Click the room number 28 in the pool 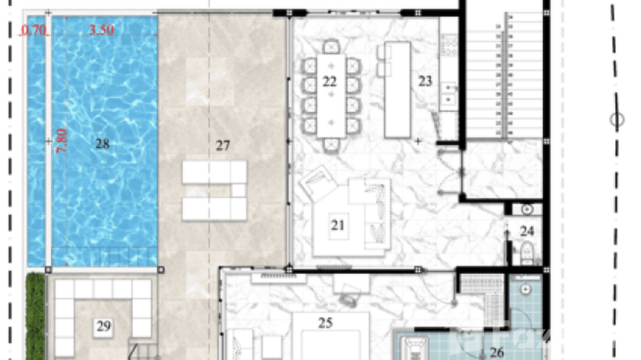[x=102, y=143]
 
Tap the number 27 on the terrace [x=223, y=146]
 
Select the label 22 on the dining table [x=330, y=82]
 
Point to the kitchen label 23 [x=425, y=81]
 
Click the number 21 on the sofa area [x=338, y=224]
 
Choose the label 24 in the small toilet [x=527, y=232]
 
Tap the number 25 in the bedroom [x=325, y=323]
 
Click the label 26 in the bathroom [x=497, y=352]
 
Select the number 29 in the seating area [x=104, y=327]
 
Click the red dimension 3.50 [x=102, y=30]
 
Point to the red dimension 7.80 [x=63, y=140]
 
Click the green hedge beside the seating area [x=35, y=315]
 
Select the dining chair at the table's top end [x=331, y=47]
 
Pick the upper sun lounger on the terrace [x=214, y=172]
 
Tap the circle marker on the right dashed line [x=617, y=119]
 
